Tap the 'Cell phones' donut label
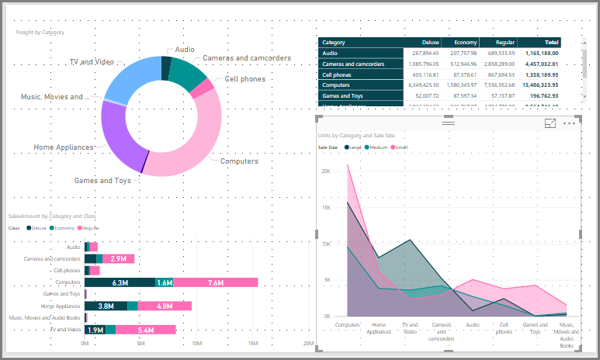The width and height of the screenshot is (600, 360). pos(245,79)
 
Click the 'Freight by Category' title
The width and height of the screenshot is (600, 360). pos(40,33)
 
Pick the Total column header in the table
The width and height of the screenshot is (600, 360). pos(551,42)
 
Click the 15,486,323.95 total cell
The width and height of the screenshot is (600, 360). pos(536,85)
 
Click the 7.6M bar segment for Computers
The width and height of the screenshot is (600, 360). pos(216,283)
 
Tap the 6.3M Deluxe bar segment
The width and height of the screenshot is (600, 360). pos(120,283)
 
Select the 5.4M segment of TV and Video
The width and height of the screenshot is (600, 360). pos(145,330)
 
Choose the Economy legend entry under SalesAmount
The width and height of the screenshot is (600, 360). pos(62,228)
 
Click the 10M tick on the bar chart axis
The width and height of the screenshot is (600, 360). pos(196,343)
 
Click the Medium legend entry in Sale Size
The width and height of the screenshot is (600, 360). pos(378,147)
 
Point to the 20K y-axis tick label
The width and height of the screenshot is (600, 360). pos(327,171)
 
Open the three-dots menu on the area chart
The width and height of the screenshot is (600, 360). pos(571,123)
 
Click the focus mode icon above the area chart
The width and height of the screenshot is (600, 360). pos(550,123)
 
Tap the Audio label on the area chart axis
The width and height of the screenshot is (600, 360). pos(473,325)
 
